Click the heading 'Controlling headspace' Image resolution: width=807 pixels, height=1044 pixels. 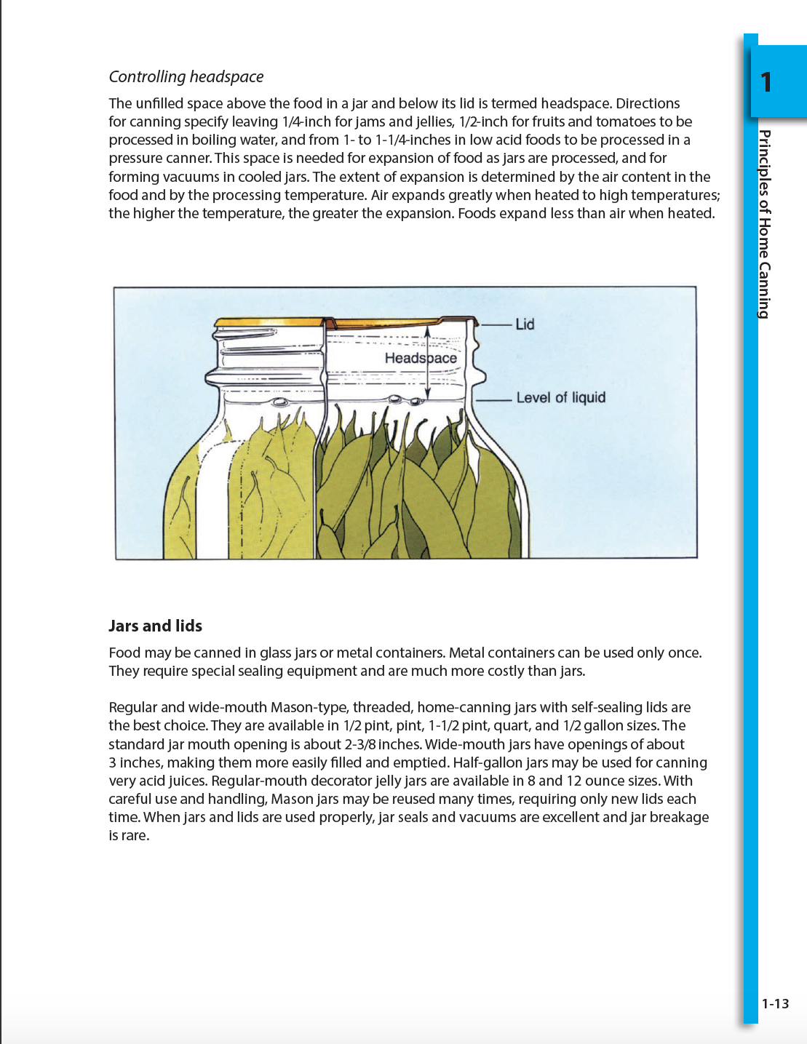coord(186,76)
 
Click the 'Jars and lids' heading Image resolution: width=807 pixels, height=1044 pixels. coord(155,626)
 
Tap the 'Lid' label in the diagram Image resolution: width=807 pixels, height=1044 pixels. coord(525,324)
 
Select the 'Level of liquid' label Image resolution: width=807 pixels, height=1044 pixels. coord(560,397)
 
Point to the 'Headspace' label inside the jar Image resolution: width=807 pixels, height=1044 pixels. coord(420,358)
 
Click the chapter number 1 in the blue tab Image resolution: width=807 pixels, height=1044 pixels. coord(766,82)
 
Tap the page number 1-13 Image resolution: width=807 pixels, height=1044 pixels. coord(775,1003)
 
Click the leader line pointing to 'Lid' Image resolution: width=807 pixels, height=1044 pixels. coord(496,324)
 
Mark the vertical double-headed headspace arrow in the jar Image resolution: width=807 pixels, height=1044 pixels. coord(428,362)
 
